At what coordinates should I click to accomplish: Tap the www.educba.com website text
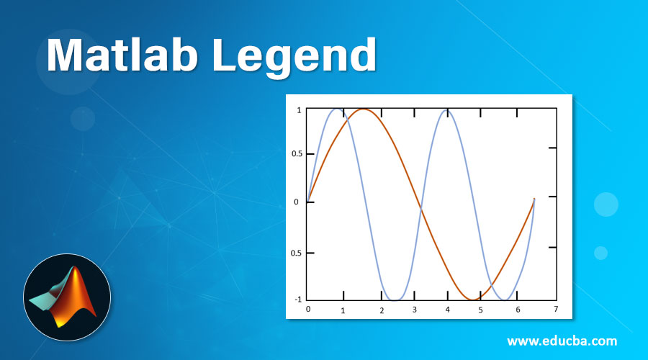562,341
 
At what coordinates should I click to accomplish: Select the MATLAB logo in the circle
67,297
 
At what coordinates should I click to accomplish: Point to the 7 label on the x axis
555,309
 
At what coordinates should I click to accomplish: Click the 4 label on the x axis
447,310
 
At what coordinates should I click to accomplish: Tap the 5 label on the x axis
480,310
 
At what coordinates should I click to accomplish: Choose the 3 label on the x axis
414,310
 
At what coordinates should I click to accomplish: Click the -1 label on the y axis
297,299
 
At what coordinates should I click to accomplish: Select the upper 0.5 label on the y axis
295,153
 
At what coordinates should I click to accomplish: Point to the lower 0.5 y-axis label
295,253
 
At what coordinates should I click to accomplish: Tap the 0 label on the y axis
297,202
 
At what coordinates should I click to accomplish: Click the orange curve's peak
362,109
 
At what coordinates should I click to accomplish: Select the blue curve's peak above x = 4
447,109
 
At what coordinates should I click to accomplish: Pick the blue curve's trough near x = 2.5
395,300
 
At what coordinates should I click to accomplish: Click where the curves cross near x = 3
420,209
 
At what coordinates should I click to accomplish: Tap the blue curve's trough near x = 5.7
507,300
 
